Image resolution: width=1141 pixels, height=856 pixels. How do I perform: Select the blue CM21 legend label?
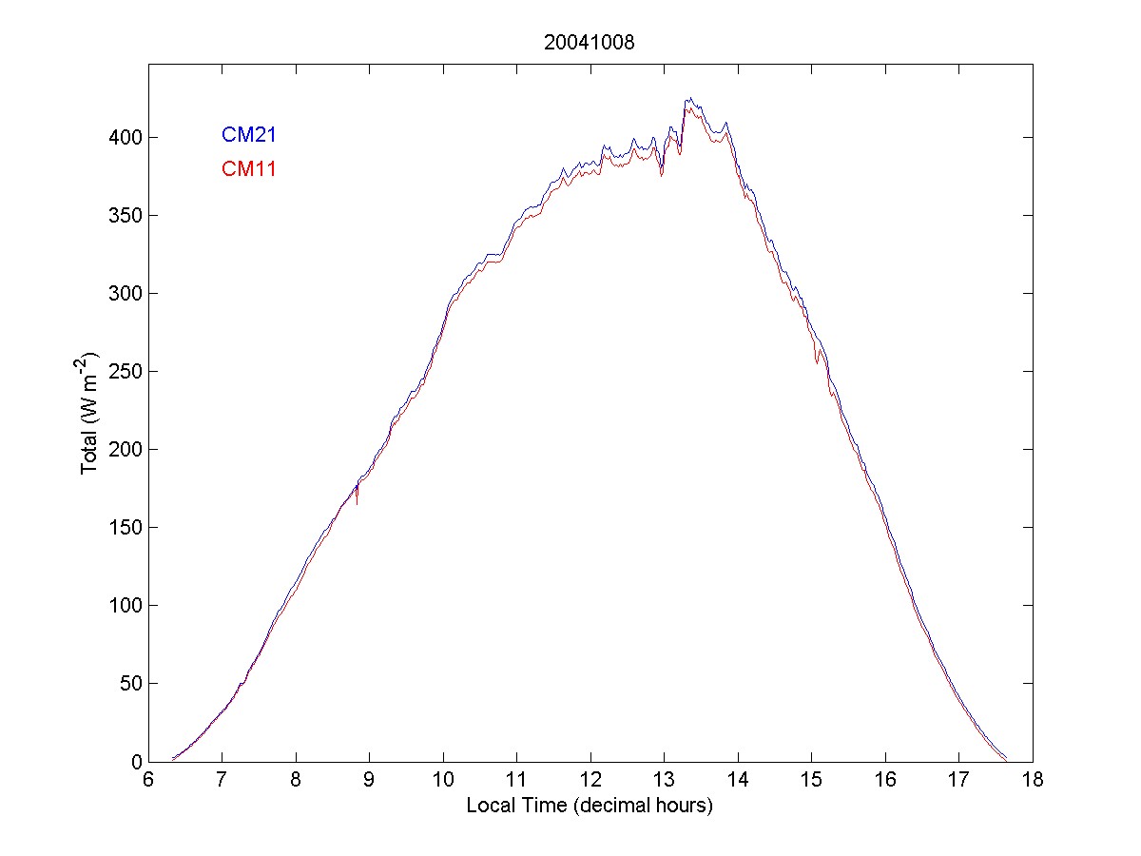248,135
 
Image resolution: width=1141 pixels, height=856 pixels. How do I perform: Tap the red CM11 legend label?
248,169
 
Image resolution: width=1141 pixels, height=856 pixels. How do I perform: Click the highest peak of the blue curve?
689,99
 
